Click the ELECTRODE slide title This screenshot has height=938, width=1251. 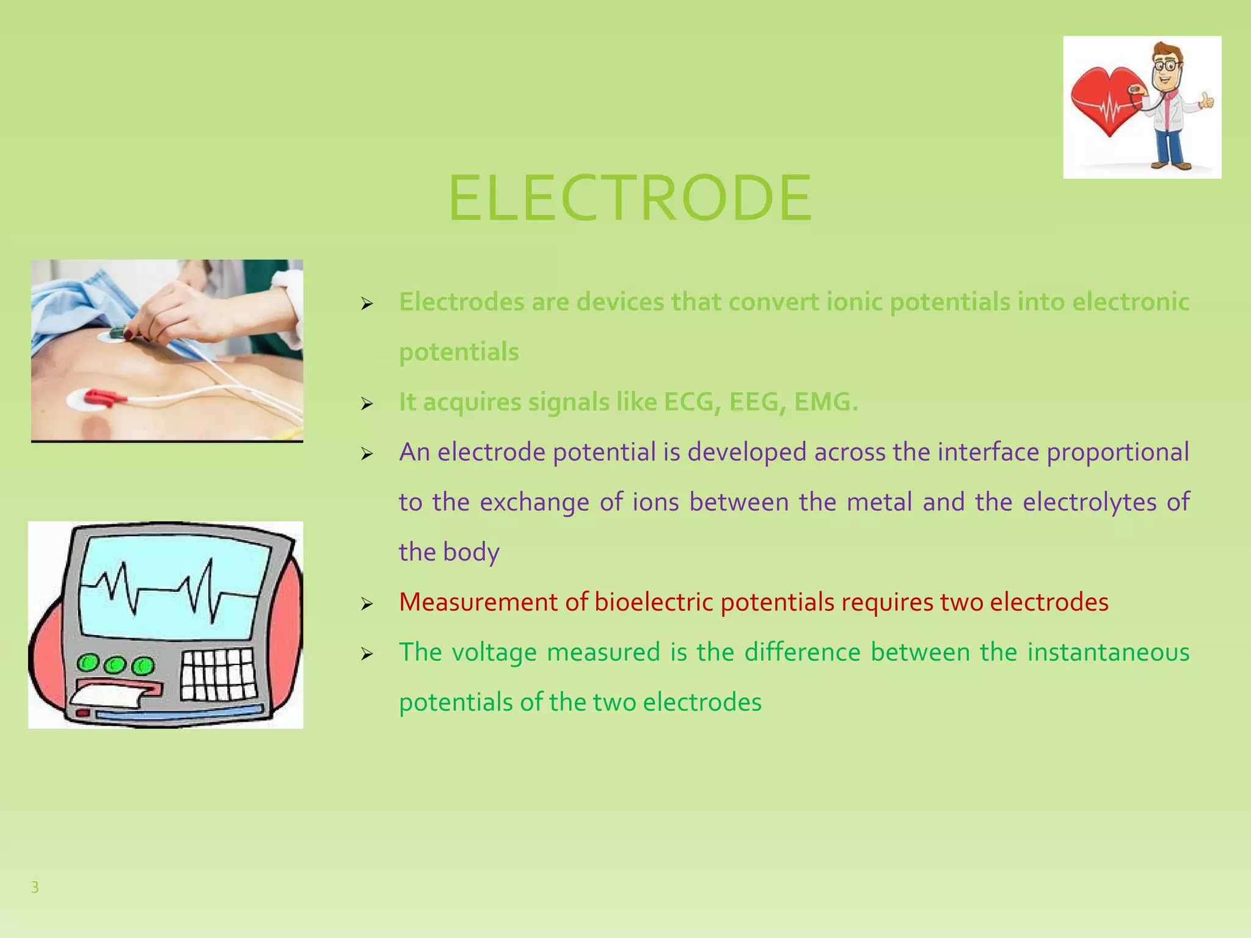click(630, 198)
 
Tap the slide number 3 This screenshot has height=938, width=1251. click(35, 887)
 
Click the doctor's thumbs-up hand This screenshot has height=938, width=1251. click(1206, 101)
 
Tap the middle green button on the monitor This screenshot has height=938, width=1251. click(115, 664)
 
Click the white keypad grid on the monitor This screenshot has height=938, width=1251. click(217, 674)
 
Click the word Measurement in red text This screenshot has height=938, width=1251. click(478, 602)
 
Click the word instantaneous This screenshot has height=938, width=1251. click(1108, 652)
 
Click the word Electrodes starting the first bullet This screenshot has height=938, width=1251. click(461, 302)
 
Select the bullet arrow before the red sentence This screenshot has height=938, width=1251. click(367, 604)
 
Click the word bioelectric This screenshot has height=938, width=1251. click(654, 602)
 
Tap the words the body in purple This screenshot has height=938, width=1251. click(449, 552)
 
